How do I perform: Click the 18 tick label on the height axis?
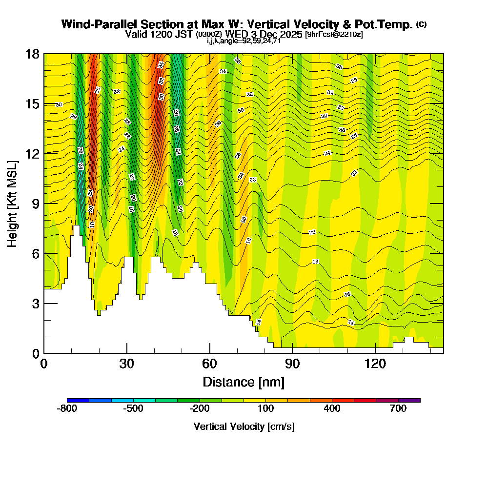[x=32, y=54]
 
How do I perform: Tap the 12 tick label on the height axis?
[x=32, y=154]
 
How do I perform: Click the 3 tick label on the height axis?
[x=35, y=304]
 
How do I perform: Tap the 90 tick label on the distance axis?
[x=292, y=364]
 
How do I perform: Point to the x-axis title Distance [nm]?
[x=244, y=382]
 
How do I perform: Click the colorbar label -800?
[x=67, y=409]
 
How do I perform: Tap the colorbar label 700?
[x=398, y=409]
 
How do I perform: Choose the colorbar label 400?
[x=332, y=409]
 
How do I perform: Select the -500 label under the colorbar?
[x=133, y=409]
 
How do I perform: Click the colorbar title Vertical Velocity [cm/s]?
[x=244, y=427]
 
